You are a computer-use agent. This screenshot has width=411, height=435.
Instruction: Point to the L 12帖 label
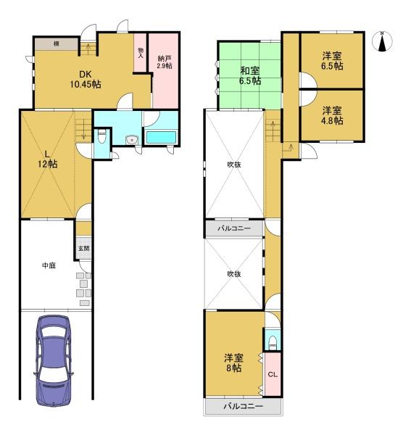point(48,159)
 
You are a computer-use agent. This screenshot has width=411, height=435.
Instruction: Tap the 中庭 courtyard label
point(48,266)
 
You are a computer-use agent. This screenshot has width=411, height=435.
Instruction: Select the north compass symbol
point(383,43)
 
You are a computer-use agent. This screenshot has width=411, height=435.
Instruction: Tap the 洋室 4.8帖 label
point(332,116)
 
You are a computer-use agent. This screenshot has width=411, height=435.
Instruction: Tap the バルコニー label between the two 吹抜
point(234,229)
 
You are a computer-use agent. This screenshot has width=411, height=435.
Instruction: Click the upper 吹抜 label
point(233,165)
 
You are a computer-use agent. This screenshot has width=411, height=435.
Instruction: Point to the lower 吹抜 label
point(233,274)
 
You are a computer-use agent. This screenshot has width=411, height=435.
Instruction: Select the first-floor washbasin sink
point(131,140)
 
